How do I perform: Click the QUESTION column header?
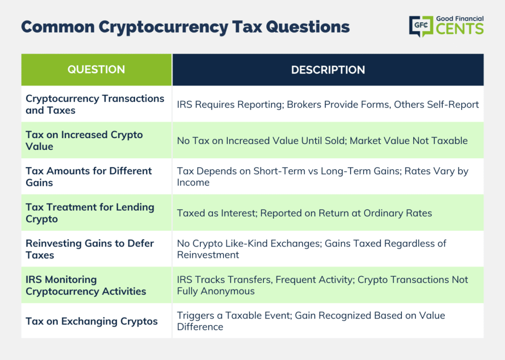click(96, 70)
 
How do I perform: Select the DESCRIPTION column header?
click(328, 70)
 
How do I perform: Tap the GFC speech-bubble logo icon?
click(421, 26)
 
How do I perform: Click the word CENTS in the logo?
click(460, 29)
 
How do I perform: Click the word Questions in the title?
click(308, 27)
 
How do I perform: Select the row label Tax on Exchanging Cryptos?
click(91, 322)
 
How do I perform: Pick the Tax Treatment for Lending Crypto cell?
click(90, 213)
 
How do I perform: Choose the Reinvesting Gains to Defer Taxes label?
click(90, 249)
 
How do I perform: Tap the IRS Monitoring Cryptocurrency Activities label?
click(86, 286)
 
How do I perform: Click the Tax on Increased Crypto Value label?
click(84, 141)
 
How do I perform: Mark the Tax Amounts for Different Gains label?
click(89, 177)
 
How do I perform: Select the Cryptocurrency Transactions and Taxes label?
click(95, 105)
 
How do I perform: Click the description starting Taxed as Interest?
click(304, 213)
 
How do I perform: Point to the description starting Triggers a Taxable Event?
click(311, 321)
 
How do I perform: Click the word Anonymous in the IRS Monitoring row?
click(228, 291)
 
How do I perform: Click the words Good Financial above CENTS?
click(460, 19)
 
